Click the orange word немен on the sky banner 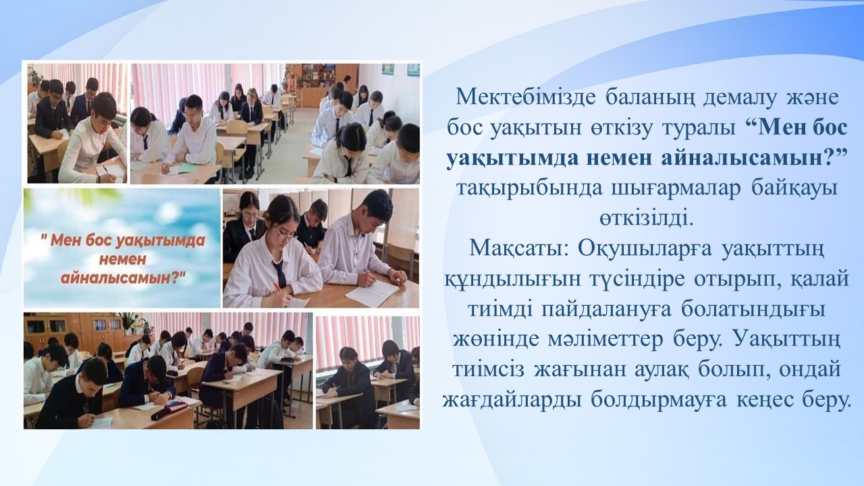point(122,260)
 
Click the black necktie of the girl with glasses point(279,273)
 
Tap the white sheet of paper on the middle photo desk point(371,293)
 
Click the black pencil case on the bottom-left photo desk point(165,411)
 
